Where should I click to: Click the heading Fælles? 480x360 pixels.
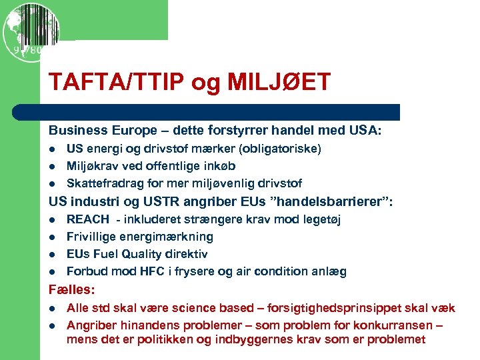71,290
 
